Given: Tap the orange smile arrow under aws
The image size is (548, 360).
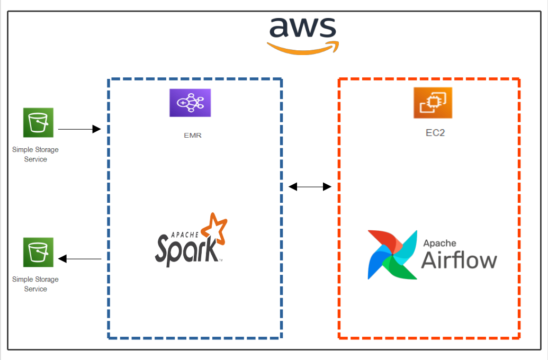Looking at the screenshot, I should (302, 48).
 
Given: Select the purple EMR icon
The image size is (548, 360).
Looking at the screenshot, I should (190, 103).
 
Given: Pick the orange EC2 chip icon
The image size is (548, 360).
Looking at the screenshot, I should (433, 102).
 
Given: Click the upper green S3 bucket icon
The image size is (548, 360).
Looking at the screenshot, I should (38, 123).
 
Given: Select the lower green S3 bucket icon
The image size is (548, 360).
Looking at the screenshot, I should (38, 252).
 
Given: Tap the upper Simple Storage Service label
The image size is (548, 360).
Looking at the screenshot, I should (35, 154).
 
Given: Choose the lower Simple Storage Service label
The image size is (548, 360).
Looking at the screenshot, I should (35, 284).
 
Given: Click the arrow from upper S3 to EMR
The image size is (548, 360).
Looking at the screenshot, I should (79, 129).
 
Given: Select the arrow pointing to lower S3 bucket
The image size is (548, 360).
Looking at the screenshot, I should (79, 259).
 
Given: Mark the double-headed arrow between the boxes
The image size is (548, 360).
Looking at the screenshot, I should (310, 186).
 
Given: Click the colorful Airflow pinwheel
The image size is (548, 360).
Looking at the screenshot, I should (392, 254).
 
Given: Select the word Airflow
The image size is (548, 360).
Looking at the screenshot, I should (459, 260).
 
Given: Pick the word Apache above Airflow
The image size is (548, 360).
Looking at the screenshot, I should (439, 243).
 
